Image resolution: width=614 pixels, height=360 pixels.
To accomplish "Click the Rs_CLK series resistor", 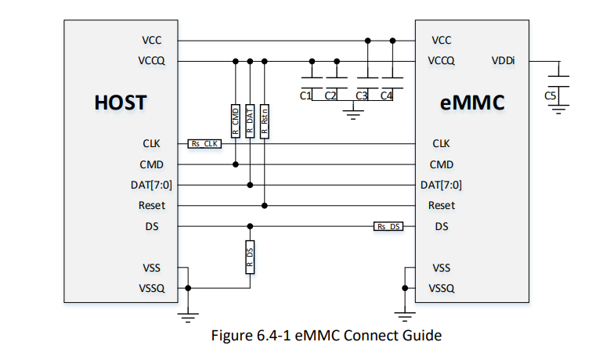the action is tap(204, 144).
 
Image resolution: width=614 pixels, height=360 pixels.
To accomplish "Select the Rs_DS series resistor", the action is tap(388, 227).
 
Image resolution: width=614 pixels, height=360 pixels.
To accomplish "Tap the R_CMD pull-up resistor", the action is tap(235, 121).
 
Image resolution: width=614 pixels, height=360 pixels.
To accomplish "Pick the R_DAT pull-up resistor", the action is tap(250, 121).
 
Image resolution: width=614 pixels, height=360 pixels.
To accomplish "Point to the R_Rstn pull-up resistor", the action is tap(265, 121).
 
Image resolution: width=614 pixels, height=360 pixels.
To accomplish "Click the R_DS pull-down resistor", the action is tap(250, 257).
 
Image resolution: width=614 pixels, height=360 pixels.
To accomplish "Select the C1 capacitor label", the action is tap(305, 95).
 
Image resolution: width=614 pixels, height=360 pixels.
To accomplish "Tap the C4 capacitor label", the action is tap(386, 95).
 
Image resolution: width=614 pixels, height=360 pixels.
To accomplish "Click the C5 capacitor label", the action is tap(550, 95).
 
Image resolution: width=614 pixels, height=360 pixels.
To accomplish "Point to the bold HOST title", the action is tap(121, 103).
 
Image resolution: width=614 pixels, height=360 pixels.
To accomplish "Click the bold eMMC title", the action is tap(472, 103).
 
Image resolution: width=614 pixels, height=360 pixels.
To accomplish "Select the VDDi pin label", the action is tap(503, 61).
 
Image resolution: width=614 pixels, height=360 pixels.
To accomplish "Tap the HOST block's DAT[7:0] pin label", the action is tap(151, 185).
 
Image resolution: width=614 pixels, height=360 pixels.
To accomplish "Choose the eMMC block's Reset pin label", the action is tap(442, 205).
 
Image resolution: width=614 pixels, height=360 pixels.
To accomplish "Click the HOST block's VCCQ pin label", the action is tap(152, 61).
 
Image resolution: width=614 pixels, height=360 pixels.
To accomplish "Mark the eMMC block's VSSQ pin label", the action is tap(442, 288).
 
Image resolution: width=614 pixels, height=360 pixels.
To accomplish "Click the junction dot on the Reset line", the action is tap(265, 205).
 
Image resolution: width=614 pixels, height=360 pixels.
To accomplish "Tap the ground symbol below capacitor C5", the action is tap(558, 110).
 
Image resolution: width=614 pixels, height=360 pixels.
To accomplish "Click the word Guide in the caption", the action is tap(424, 335).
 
